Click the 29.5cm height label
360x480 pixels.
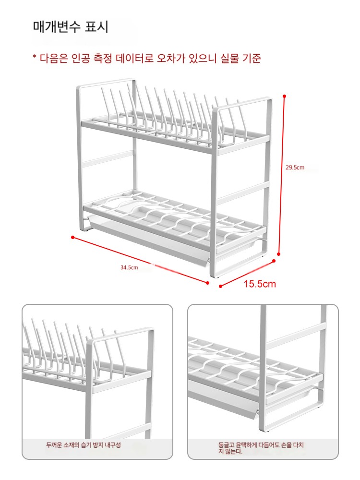tap(295, 168)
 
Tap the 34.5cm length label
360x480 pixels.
tap(129, 267)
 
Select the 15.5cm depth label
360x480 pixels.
tap(260, 284)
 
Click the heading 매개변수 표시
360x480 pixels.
tap(71, 26)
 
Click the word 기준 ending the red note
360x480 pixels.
tap(252, 58)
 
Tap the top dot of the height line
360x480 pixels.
tap(284, 96)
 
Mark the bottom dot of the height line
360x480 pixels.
tap(278, 254)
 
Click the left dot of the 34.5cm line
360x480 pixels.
tap(72, 237)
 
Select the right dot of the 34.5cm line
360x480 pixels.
tap(207, 283)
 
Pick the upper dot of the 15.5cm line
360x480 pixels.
tap(274, 261)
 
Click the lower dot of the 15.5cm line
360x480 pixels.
tap(220, 286)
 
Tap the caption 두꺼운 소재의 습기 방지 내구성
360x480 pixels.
tap(83, 445)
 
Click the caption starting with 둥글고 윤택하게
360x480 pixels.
tap(261, 448)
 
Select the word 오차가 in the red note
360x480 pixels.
tap(171, 58)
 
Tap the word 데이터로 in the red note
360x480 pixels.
tap(134, 58)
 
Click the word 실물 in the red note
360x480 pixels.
tap(229, 58)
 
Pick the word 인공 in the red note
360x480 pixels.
tap(81, 58)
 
